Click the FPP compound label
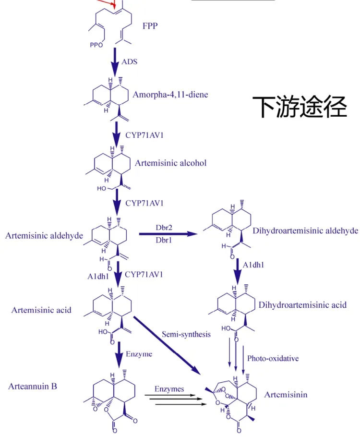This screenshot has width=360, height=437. [150, 26]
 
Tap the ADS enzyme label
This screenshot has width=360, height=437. [129, 61]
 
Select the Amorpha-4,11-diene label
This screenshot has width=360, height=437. [170, 95]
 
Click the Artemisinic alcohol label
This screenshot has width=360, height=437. [170, 163]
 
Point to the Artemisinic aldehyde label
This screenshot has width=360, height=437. [44, 236]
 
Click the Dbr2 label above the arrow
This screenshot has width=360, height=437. [164, 228]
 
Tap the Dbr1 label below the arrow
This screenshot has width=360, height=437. [164, 240]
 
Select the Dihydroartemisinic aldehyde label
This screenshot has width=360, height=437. [305, 231]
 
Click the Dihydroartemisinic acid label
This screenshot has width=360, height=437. [302, 305]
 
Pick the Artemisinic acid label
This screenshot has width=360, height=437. [41, 310]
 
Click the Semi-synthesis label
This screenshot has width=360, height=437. [186, 334]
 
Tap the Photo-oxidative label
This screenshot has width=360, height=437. [273, 358]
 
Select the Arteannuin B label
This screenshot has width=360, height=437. [33, 386]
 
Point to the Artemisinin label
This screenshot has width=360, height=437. [286, 395]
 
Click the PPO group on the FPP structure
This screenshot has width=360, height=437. [96, 45]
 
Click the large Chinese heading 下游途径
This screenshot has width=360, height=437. [300, 107]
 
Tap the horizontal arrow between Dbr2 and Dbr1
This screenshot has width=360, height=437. [168, 234]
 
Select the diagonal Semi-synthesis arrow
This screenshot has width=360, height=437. [167, 345]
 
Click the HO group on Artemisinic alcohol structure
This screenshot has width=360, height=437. [101, 189]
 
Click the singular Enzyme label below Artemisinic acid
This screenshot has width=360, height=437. [139, 354]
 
